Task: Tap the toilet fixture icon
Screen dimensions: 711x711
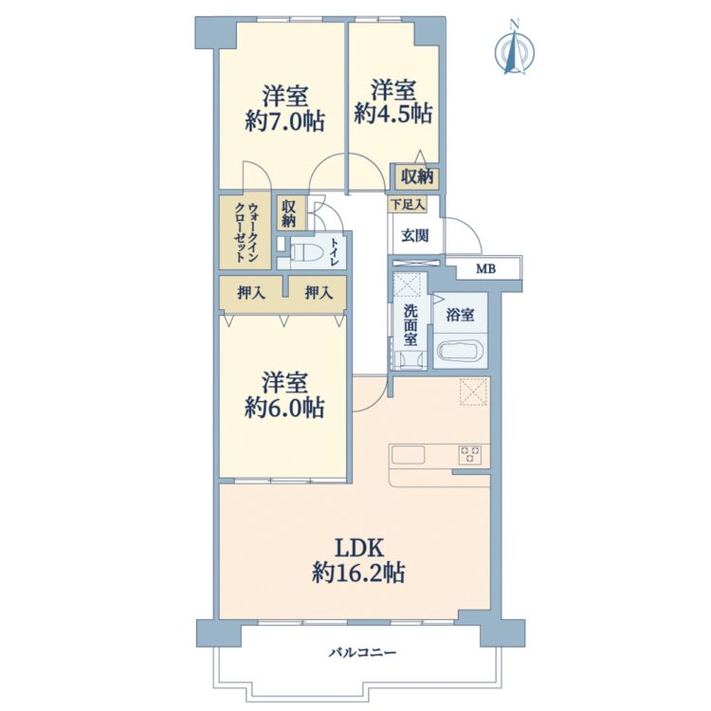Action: click(x=304, y=251)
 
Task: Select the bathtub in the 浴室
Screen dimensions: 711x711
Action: click(x=461, y=350)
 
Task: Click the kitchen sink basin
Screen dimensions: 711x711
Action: click(x=408, y=455)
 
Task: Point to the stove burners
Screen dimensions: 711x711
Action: click(x=470, y=454)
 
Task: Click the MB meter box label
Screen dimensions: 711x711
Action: click(x=485, y=268)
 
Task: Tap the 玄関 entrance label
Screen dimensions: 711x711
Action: click(x=415, y=236)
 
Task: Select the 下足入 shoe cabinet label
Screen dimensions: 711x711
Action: click(x=408, y=205)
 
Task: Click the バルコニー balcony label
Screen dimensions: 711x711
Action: click(x=362, y=653)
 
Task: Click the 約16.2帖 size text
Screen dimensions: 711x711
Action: click(x=358, y=573)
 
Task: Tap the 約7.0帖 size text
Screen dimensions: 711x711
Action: click(x=284, y=121)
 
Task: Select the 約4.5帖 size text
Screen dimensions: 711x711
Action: click(x=393, y=114)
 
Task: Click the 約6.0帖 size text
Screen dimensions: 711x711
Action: click(x=284, y=408)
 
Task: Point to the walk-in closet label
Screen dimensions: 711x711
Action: click(x=246, y=232)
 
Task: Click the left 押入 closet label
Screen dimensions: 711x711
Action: click(x=251, y=293)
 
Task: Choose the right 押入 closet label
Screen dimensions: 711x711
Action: click(x=319, y=293)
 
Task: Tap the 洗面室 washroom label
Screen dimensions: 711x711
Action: click(x=410, y=325)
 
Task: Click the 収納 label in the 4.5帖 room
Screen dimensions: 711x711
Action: click(x=417, y=177)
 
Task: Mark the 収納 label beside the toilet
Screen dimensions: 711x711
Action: click(x=289, y=214)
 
